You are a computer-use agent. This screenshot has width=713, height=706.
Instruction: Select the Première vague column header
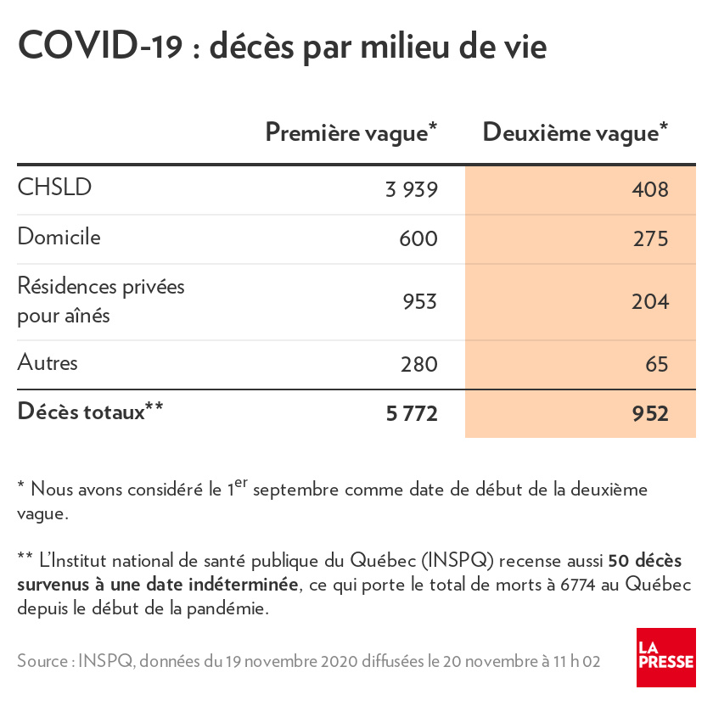pos(351,132)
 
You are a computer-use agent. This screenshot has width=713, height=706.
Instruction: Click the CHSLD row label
pos(54,188)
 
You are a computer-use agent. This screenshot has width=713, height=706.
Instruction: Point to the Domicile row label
pos(59,237)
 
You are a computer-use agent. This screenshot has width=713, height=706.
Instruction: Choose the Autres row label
pos(48,363)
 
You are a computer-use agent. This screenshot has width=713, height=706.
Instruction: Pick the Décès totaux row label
pos(90,412)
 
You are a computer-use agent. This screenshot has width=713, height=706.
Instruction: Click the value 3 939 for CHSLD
pos(411,189)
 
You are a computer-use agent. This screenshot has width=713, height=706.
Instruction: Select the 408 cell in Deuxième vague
pos(650,189)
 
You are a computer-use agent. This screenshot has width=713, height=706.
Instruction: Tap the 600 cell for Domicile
pos(418,239)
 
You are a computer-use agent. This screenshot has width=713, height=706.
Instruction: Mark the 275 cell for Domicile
pos(650,239)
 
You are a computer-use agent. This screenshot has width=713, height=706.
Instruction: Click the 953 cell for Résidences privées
pos(418,302)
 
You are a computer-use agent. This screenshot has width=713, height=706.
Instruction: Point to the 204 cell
pos(650,302)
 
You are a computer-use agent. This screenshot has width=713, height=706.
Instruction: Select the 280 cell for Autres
pos(418,365)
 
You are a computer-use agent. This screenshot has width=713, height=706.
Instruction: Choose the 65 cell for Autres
pos(657,365)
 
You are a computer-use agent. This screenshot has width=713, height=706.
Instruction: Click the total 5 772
pos(412,414)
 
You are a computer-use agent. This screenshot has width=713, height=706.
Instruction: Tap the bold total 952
pos(650,414)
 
